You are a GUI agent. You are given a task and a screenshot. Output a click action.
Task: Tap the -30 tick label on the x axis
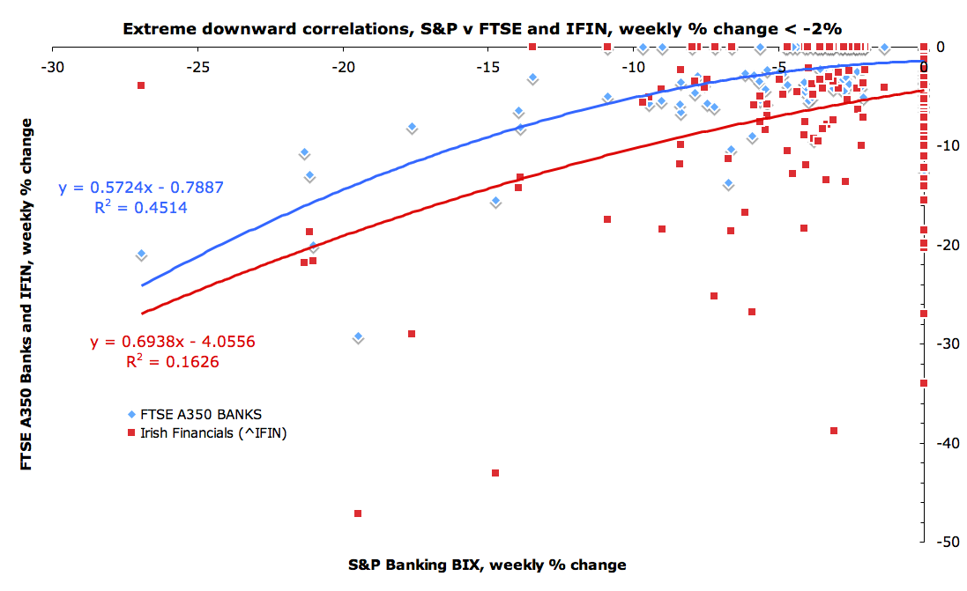point(54,67)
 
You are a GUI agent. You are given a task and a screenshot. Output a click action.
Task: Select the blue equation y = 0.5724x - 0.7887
point(140,188)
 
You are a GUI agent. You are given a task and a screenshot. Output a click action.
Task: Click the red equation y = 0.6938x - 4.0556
point(172,341)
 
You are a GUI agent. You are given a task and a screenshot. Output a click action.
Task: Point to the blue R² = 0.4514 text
point(140,208)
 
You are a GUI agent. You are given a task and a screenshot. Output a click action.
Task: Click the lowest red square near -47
point(358,513)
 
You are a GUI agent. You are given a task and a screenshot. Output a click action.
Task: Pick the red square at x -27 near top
point(141,85)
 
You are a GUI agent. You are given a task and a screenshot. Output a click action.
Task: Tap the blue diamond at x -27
point(141,254)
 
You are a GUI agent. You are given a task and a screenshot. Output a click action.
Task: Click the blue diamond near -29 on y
point(358,337)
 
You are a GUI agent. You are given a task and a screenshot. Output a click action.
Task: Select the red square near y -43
point(495,473)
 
